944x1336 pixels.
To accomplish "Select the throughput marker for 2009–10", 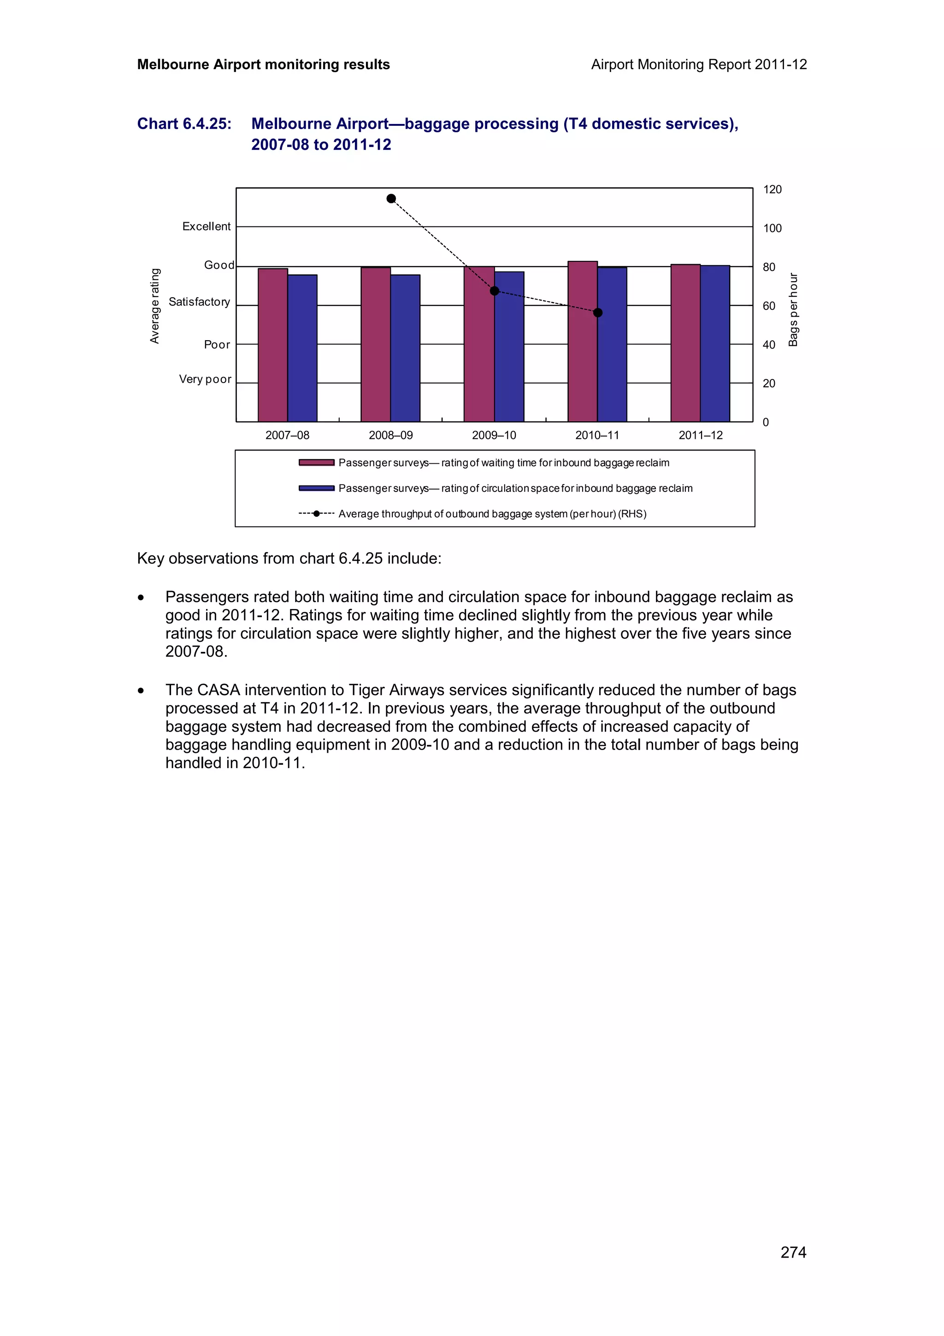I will [495, 291].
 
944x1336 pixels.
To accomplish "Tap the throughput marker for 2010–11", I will [597, 313].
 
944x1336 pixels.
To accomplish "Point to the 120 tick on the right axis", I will [773, 189].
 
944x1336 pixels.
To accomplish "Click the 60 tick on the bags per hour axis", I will [769, 306].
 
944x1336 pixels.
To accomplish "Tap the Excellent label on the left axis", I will [206, 226].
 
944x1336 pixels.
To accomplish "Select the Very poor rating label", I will [205, 379].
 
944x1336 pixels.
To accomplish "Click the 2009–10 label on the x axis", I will [494, 435].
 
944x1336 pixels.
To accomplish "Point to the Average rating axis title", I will [155, 306].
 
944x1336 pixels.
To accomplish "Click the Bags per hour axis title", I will [793, 309].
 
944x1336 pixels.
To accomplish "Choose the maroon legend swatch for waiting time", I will [316, 462].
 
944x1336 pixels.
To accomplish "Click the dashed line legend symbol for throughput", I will [316, 514].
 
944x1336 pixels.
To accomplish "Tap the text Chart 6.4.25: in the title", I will [184, 124].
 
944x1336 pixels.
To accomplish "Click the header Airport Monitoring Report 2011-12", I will [698, 65].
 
